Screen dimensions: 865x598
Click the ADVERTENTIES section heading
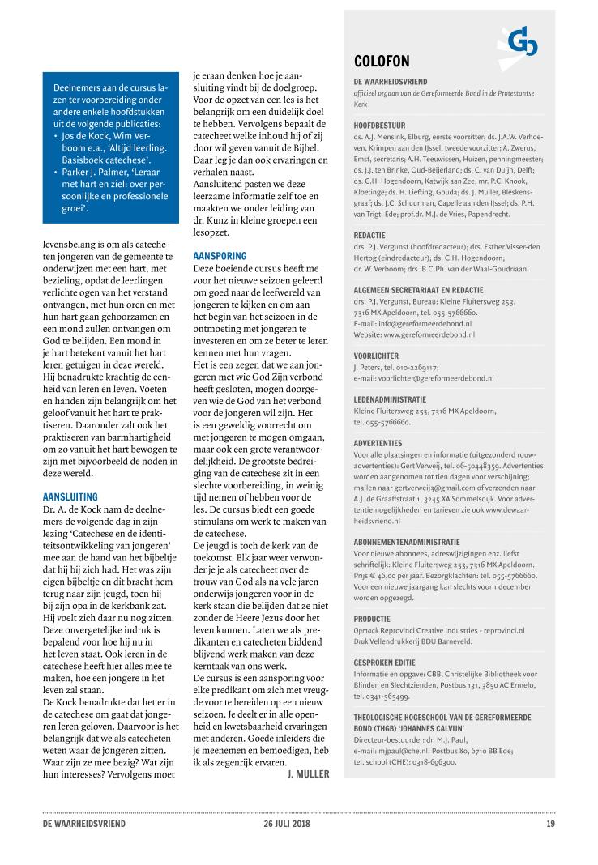pyautogui.click(x=378, y=443)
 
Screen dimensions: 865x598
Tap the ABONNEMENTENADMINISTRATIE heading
pyautogui.click(x=407, y=541)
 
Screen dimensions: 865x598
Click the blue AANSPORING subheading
pyautogui.click(x=220, y=256)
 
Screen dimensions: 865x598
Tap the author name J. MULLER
pyautogui.click(x=308, y=774)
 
